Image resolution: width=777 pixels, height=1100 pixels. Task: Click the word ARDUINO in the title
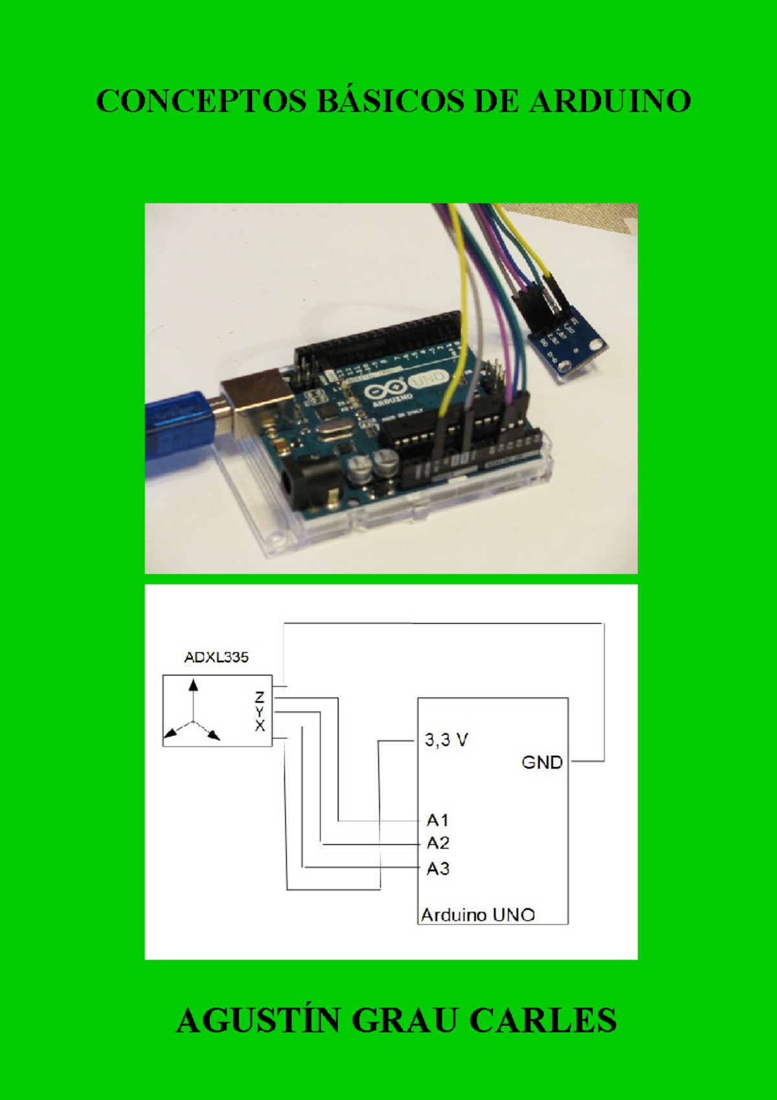[x=610, y=102]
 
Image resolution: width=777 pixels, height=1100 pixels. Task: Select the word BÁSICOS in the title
[x=390, y=102]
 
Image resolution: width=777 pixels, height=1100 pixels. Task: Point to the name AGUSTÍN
[x=257, y=1021]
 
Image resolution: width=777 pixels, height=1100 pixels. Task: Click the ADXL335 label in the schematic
[x=216, y=658]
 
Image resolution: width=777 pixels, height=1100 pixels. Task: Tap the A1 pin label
[x=438, y=820]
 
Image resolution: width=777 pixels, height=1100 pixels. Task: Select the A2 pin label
[x=438, y=843]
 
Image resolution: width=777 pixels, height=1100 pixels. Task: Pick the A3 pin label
[x=438, y=869]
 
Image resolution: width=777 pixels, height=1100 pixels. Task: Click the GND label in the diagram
[x=542, y=762]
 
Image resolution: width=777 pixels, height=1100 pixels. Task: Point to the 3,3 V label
[x=445, y=740]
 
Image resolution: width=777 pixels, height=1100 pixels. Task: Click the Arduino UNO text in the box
[x=478, y=915]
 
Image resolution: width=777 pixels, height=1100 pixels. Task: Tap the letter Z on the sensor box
[x=260, y=697]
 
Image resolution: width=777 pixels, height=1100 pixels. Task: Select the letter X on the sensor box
[x=260, y=726]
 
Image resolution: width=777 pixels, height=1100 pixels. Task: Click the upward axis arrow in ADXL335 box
[x=193, y=687]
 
